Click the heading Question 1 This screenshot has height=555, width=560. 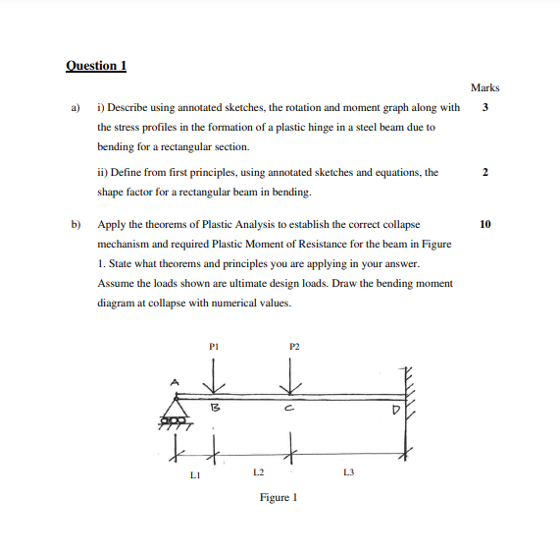pyautogui.click(x=96, y=66)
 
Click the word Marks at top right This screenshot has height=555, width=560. pyautogui.click(x=484, y=88)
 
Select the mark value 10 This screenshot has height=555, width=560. pyautogui.click(x=484, y=224)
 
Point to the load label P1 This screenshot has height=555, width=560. pyautogui.click(x=215, y=345)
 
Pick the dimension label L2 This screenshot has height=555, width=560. pyautogui.click(x=257, y=472)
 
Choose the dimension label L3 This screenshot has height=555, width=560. pyautogui.click(x=348, y=472)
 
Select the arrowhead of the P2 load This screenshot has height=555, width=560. pyautogui.click(x=290, y=386)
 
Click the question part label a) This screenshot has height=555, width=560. pyautogui.click(x=74, y=107)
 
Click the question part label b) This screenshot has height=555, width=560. pyautogui.click(x=74, y=224)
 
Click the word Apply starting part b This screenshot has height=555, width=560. pyautogui.click(x=110, y=224)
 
